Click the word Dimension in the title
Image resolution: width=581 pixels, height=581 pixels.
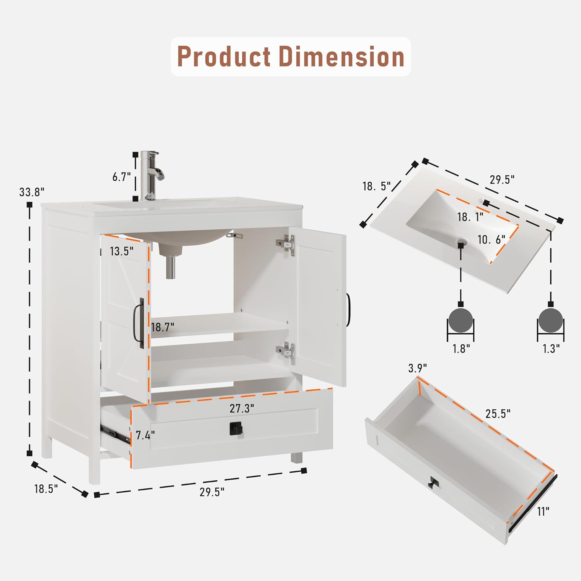tap(342, 57)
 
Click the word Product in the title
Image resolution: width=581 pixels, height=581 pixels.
tap(224, 57)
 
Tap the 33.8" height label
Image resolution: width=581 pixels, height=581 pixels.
tap(32, 192)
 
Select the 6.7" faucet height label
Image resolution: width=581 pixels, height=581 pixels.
tap(122, 177)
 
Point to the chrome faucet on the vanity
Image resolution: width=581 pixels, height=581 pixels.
tap(152, 175)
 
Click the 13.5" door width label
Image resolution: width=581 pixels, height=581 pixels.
tap(121, 251)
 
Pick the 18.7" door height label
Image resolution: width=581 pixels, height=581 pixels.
tap(162, 327)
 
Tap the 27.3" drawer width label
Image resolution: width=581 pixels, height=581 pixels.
tap(242, 408)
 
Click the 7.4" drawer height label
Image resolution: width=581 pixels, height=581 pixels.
tap(145, 435)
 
